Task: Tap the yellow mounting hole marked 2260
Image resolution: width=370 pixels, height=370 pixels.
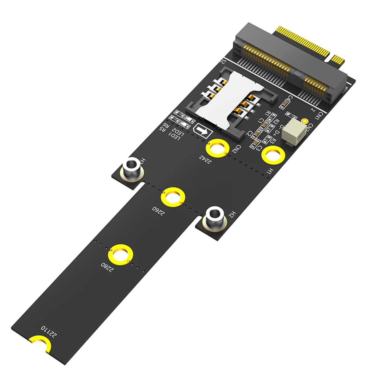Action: (173, 198)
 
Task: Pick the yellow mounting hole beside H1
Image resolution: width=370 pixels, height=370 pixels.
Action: (273, 155)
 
